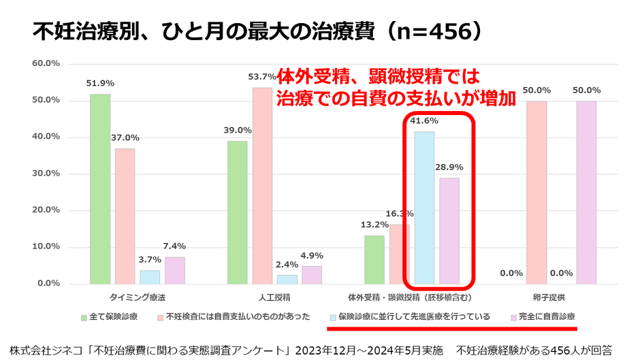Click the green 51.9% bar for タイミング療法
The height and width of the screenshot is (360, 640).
tap(100, 189)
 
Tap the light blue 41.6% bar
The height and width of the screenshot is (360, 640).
tap(424, 208)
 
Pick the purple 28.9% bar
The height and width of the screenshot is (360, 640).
tap(449, 231)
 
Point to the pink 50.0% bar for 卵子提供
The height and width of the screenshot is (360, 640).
tap(536, 192)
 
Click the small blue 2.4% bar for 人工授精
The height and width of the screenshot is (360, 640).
tap(287, 279)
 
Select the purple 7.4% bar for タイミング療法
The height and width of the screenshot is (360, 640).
tap(175, 270)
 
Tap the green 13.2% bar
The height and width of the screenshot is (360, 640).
tap(374, 259)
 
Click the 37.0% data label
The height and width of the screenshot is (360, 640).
tap(125, 137)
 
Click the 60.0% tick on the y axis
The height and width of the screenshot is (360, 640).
tap(46, 64)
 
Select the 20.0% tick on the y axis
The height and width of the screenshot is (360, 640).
tap(46, 210)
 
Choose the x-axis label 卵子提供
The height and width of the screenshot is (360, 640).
tap(549, 297)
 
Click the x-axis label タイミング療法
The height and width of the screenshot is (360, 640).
tap(138, 297)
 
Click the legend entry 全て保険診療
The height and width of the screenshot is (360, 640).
tap(113, 316)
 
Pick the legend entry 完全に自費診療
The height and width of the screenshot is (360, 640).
tap(547, 316)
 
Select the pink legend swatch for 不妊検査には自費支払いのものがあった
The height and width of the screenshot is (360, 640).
tap(159, 317)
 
